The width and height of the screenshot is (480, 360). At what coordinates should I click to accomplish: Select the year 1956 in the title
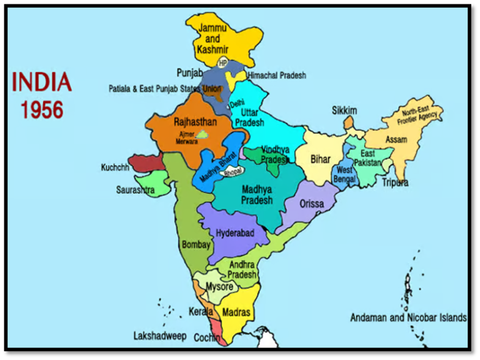(42, 110)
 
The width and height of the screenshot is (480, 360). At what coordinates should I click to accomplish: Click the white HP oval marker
(223, 63)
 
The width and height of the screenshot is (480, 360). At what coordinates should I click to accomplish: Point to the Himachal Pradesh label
(277, 76)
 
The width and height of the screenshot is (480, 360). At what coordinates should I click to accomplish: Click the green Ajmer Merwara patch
(204, 134)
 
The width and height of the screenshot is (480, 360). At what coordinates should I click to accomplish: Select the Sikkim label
(344, 111)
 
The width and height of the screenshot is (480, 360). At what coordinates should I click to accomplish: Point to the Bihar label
(321, 159)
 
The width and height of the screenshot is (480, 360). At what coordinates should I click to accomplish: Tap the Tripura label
(395, 182)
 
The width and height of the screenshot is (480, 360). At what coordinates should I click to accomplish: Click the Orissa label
(312, 204)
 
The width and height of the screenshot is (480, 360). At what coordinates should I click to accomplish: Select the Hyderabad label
(235, 232)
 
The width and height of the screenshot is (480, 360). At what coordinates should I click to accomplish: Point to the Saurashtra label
(135, 189)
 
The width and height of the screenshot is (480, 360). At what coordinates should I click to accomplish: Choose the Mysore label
(219, 287)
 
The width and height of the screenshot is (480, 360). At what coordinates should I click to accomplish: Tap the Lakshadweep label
(160, 336)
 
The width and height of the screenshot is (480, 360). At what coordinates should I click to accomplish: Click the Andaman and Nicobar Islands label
(408, 317)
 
